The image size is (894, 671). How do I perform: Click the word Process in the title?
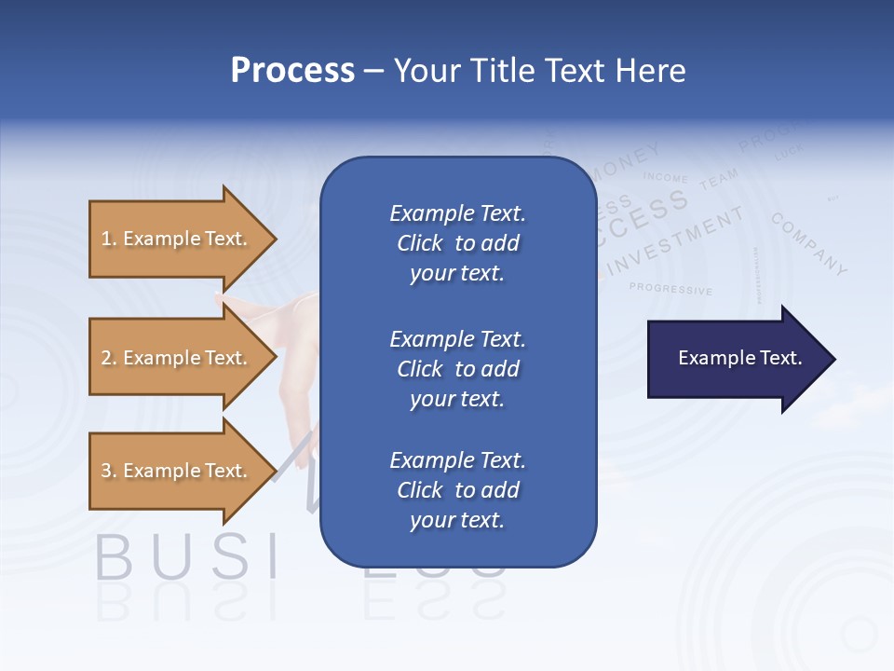[292, 71]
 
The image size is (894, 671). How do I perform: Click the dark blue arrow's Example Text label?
[739, 358]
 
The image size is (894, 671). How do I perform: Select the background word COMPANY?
[809, 244]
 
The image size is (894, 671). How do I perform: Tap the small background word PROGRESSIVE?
[670, 289]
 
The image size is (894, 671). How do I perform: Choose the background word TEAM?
[718, 178]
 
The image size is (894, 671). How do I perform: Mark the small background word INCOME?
[665, 177]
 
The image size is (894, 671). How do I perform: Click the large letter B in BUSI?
[114, 556]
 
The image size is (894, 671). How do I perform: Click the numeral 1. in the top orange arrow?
[108, 239]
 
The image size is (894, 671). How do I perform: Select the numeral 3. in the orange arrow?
[108, 471]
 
